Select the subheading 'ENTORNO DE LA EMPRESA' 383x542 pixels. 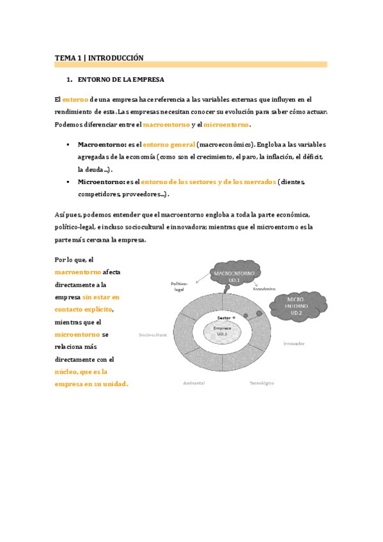(x=121, y=80)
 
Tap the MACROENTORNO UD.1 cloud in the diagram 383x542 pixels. (x=234, y=266)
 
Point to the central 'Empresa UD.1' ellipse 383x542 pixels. (x=222, y=331)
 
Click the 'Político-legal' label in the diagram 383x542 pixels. (x=178, y=286)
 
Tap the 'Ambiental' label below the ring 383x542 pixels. (x=194, y=383)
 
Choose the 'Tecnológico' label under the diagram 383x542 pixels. (x=262, y=383)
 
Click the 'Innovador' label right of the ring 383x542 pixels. (x=293, y=343)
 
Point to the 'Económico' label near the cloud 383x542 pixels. (x=263, y=289)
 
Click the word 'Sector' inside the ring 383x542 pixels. (x=223, y=318)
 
